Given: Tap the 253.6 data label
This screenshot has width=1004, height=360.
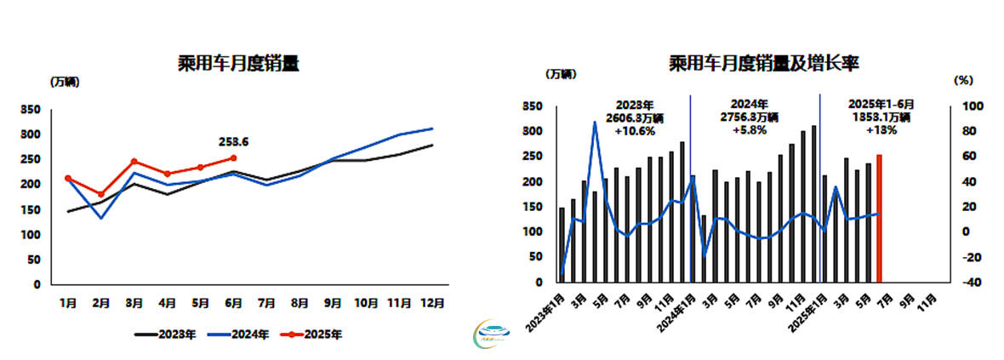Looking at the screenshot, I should click(x=235, y=142).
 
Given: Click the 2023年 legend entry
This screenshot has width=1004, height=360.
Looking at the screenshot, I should click(x=165, y=334).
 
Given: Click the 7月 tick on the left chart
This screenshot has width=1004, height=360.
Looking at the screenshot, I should click(x=267, y=301).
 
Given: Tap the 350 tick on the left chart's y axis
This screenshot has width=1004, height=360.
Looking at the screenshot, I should click(x=31, y=110).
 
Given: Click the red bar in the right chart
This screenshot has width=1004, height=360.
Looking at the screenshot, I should click(x=879, y=218).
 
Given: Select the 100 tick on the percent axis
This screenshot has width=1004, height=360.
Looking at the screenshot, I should click(x=973, y=106).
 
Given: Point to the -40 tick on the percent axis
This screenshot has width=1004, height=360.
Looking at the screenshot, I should click(x=973, y=283).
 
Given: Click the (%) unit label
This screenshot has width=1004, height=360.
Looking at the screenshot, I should click(x=961, y=80).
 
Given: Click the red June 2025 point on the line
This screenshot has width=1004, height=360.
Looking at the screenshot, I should click(x=233, y=157).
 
